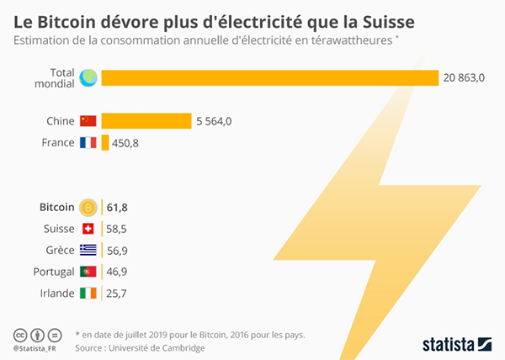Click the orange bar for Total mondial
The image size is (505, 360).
click(269, 78)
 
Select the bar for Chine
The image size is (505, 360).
click(146, 121)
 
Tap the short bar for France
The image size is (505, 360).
click(105, 143)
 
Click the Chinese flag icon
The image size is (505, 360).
click(88, 121)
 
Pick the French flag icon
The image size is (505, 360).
click(88, 143)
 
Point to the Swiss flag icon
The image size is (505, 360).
click(88, 229)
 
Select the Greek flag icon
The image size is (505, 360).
click(88, 250)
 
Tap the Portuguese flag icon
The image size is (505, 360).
click(88, 272)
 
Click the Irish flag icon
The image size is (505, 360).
click(88, 294)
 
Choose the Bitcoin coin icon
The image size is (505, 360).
click(88, 207)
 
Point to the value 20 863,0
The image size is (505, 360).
click(465, 78)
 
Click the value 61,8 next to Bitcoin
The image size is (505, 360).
click(115, 207)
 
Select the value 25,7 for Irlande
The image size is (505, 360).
click(115, 294)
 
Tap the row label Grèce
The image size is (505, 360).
click(58, 250)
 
